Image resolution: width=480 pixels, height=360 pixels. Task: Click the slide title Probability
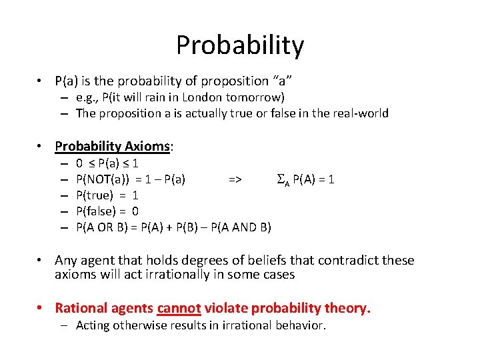[x=240, y=45]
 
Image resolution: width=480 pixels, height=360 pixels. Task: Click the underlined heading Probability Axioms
[x=113, y=146]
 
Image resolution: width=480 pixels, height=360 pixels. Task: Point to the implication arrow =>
[x=235, y=179]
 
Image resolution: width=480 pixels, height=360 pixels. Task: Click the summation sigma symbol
[x=280, y=179]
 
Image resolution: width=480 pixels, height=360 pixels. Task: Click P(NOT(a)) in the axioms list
[x=103, y=179]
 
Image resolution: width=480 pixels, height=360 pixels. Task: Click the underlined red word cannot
[x=179, y=308]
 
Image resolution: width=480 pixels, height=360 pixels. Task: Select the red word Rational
[x=79, y=308]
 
